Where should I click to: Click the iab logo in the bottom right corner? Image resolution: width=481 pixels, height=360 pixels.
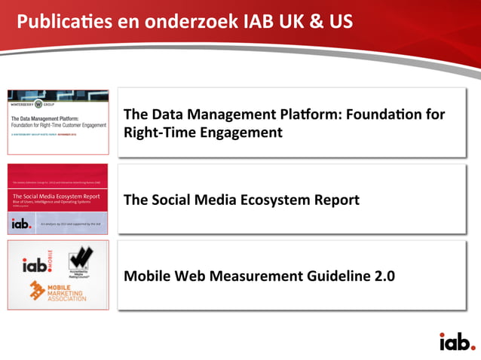(457, 341)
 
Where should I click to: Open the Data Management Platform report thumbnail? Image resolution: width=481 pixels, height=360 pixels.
(58, 122)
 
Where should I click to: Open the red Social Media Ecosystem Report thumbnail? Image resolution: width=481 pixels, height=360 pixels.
(58, 198)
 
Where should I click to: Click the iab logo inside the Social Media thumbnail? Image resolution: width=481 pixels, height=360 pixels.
(21, 224)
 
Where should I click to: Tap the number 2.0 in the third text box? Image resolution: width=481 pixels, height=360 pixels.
(384, 276)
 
